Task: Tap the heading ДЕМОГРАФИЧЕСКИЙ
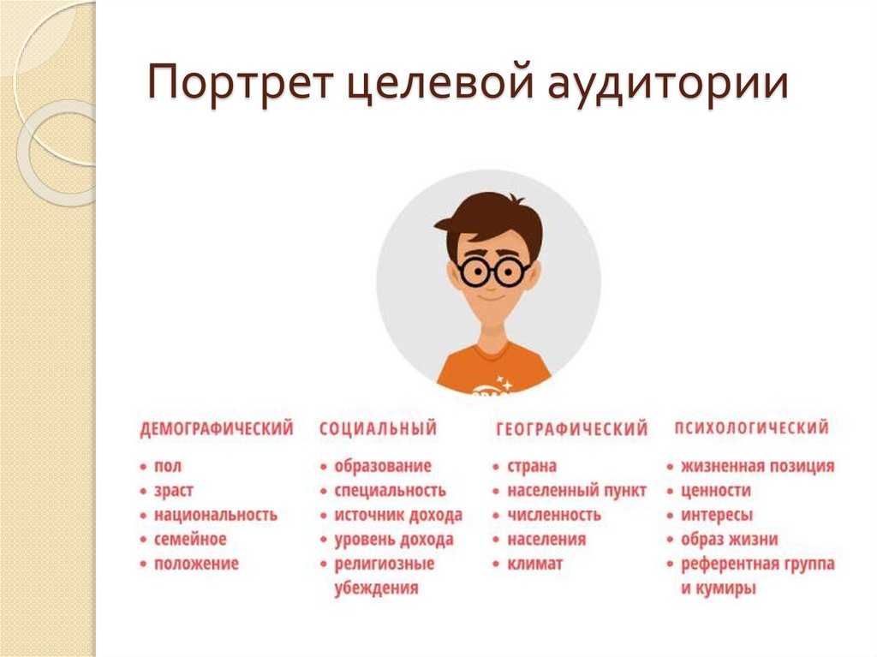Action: (217, 429)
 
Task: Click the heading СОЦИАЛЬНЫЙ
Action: (378, 428)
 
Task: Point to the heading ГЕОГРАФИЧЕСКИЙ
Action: (572, 429)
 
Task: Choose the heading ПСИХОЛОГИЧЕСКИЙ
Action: (752, 428)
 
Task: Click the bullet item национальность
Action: (216, 515)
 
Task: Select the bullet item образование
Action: (383, 466)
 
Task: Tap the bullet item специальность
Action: (391, 491)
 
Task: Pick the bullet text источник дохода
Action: (399, 516)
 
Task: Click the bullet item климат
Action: (535, 564)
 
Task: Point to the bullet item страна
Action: (532, 466)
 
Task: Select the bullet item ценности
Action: (716, 491)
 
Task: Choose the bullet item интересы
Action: (717, 516)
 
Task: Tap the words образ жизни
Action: (730, 540)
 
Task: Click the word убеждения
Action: (377, 588)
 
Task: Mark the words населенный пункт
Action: (576, 491)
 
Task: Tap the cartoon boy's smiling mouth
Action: (491, 296)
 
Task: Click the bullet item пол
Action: (168, 467)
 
